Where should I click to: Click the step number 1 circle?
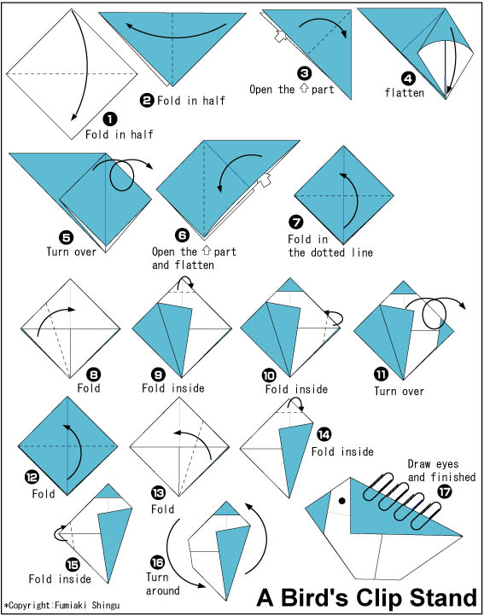click(x=110, y=119)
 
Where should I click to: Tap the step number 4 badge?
click(x=408, y=79)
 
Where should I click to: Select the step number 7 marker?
click(x=295, y=223)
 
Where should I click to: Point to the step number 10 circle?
click(x=269, y=376)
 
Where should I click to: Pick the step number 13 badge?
click(x=158, y=493)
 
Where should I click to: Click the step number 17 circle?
click(x=445, y=492)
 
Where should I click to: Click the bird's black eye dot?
click(x=342, y=501)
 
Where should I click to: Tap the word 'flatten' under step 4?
click(x=405, y=93)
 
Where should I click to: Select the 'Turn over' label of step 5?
click(x=71, y=252)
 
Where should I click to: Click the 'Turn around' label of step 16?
click(x=163, y=584)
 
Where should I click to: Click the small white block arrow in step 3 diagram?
click(x=280, y=37)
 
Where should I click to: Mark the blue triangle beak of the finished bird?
click(x=318, y=512)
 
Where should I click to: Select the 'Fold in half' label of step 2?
click(x=191, y=101)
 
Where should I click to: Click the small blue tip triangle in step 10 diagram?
click(x=289, y=285)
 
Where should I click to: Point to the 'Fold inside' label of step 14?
click(x=342, y=452)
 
